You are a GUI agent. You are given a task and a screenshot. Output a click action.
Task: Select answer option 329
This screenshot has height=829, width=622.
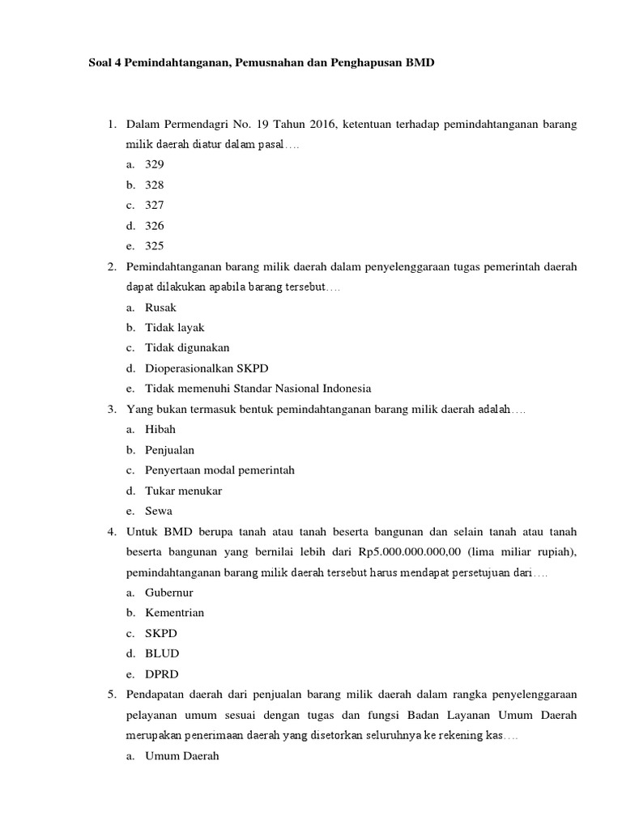pos(155,164)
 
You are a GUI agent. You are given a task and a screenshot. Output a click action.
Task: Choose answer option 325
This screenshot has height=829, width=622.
pos(155,246)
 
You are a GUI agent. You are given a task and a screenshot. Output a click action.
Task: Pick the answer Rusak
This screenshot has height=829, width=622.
pos(160,308)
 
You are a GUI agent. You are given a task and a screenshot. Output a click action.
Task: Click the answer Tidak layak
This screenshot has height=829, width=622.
pos(175,328)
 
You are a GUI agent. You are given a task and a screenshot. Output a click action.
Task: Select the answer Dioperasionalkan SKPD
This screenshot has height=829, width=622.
pos(195,368)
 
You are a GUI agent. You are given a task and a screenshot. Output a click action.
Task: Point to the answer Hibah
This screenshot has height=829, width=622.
pos(160,430)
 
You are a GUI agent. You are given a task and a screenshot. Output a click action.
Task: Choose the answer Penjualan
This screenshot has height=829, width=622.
pos(169,450)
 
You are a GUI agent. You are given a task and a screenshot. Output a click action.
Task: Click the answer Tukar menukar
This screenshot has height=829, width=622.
pos(183,491)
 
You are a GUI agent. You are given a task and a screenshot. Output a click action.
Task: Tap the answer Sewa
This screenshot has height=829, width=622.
pos(159,511)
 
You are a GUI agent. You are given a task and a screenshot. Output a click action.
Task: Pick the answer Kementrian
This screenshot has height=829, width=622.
pos(174,613)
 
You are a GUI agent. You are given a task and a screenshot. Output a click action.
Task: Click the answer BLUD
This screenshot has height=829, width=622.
pos(162,653)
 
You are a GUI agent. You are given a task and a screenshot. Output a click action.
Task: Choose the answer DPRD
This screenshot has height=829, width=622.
pos(162,674)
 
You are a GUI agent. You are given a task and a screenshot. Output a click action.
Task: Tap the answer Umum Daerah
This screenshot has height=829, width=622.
pos(181,756)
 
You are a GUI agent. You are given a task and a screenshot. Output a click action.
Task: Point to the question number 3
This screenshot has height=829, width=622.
pos(111,410)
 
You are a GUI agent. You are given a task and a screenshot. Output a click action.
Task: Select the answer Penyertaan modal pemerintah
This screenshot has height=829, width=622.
pos(219,470)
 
